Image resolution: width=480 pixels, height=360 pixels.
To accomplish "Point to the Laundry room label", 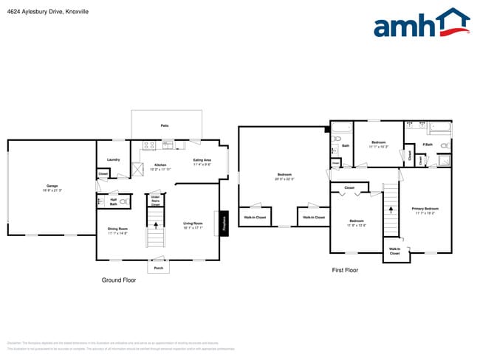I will pos(113,159).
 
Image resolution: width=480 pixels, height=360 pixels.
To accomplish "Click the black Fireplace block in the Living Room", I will pos(223,224).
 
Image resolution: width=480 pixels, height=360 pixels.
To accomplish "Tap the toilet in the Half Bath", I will pos(123,200).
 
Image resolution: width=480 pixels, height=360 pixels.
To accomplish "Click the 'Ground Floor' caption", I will pos(118,280).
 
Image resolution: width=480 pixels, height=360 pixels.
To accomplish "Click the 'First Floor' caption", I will pos(345,270).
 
